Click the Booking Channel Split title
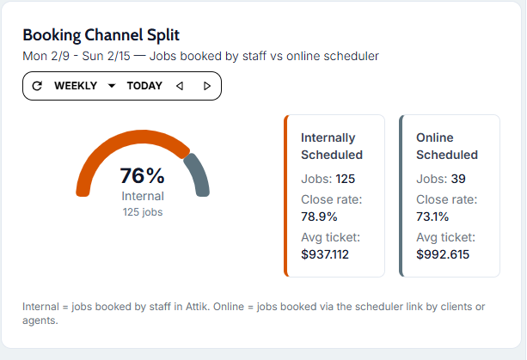coord(101,34)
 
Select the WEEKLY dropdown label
coord(74,86)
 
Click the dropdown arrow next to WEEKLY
coord(112,86)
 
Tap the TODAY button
coord(144,86)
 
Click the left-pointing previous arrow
coord(180,86)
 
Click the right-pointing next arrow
coord(207,86)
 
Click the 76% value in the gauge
coord(143,176)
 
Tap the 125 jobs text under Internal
coord(143,212)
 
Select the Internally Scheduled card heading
coord(332,146)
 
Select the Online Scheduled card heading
coord(447,146)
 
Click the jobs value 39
coord(458,179)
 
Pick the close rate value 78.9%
coord(319,217)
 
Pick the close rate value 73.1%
coord(432,217)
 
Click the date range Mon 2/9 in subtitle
coord(43,56)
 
